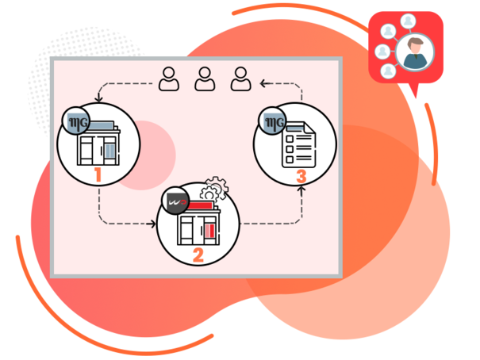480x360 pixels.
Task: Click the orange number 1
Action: [x=98, y=174]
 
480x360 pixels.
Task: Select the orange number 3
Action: [x=301, y=176]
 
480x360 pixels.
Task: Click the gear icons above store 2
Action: [x=213, y=189]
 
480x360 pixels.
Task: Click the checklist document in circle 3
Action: [x=301, y=143]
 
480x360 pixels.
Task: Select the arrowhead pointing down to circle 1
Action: [x=98, y=100]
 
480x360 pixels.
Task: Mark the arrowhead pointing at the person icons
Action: [x=266, y=80]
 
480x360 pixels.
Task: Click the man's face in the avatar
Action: [x=414, y=50]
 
